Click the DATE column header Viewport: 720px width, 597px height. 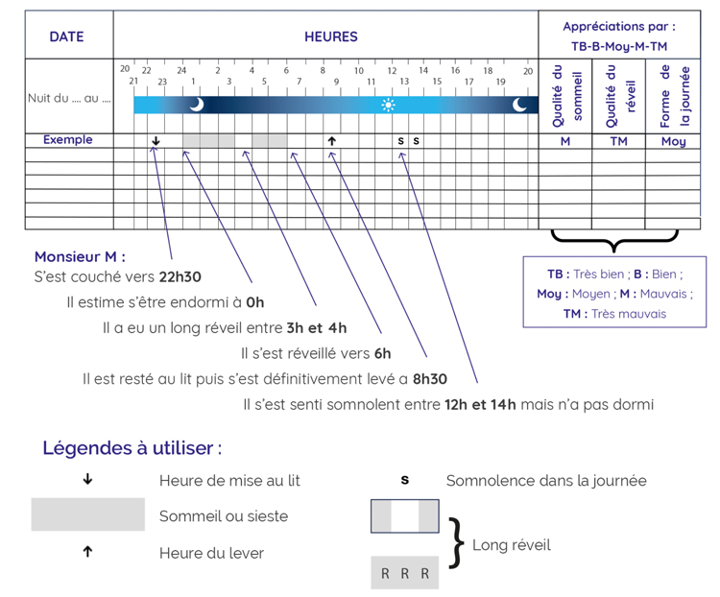pyautogui.click(x=66, y=36)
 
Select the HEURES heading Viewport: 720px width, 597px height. pyautogui.click(x=330, y=36)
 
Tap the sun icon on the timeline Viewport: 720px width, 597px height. pyautogui.click(x=388, y=105)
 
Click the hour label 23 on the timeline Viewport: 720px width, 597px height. pyautogui.click(x=162, y=83)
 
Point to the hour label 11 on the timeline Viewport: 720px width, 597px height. pyautogui.click(x=372, y=83)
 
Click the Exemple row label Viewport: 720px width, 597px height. pyautogui.click(x=68, y=140)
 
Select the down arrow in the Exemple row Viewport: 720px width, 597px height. pyautogui.click(x=156, y=141)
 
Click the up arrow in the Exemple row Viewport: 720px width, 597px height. pyautogui.click(x=331, y=141)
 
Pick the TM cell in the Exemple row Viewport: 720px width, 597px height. pyautogui.click(x=618, y=141)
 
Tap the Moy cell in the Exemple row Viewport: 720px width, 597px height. pyautogui.click(x=673, y=141)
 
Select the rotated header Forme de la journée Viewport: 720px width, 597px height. pyautogui.click(x=673, y=96)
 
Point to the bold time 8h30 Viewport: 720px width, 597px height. pyautogui.click(x=430, y=379)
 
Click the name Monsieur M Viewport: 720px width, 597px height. pyautogui.click(x=80, y=257)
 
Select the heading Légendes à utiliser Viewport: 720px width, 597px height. pyautogui.click(x=132, y=448)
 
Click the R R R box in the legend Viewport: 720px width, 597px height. pyautogui.click(x=404, y=574)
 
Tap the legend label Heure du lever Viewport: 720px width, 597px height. pyautogui.click(x=211, y=553)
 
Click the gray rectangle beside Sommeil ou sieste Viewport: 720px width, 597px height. pyautogui.click(x=87, y=514)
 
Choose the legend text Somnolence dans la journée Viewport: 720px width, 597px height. pyautogui.click(x=545, y=481)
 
